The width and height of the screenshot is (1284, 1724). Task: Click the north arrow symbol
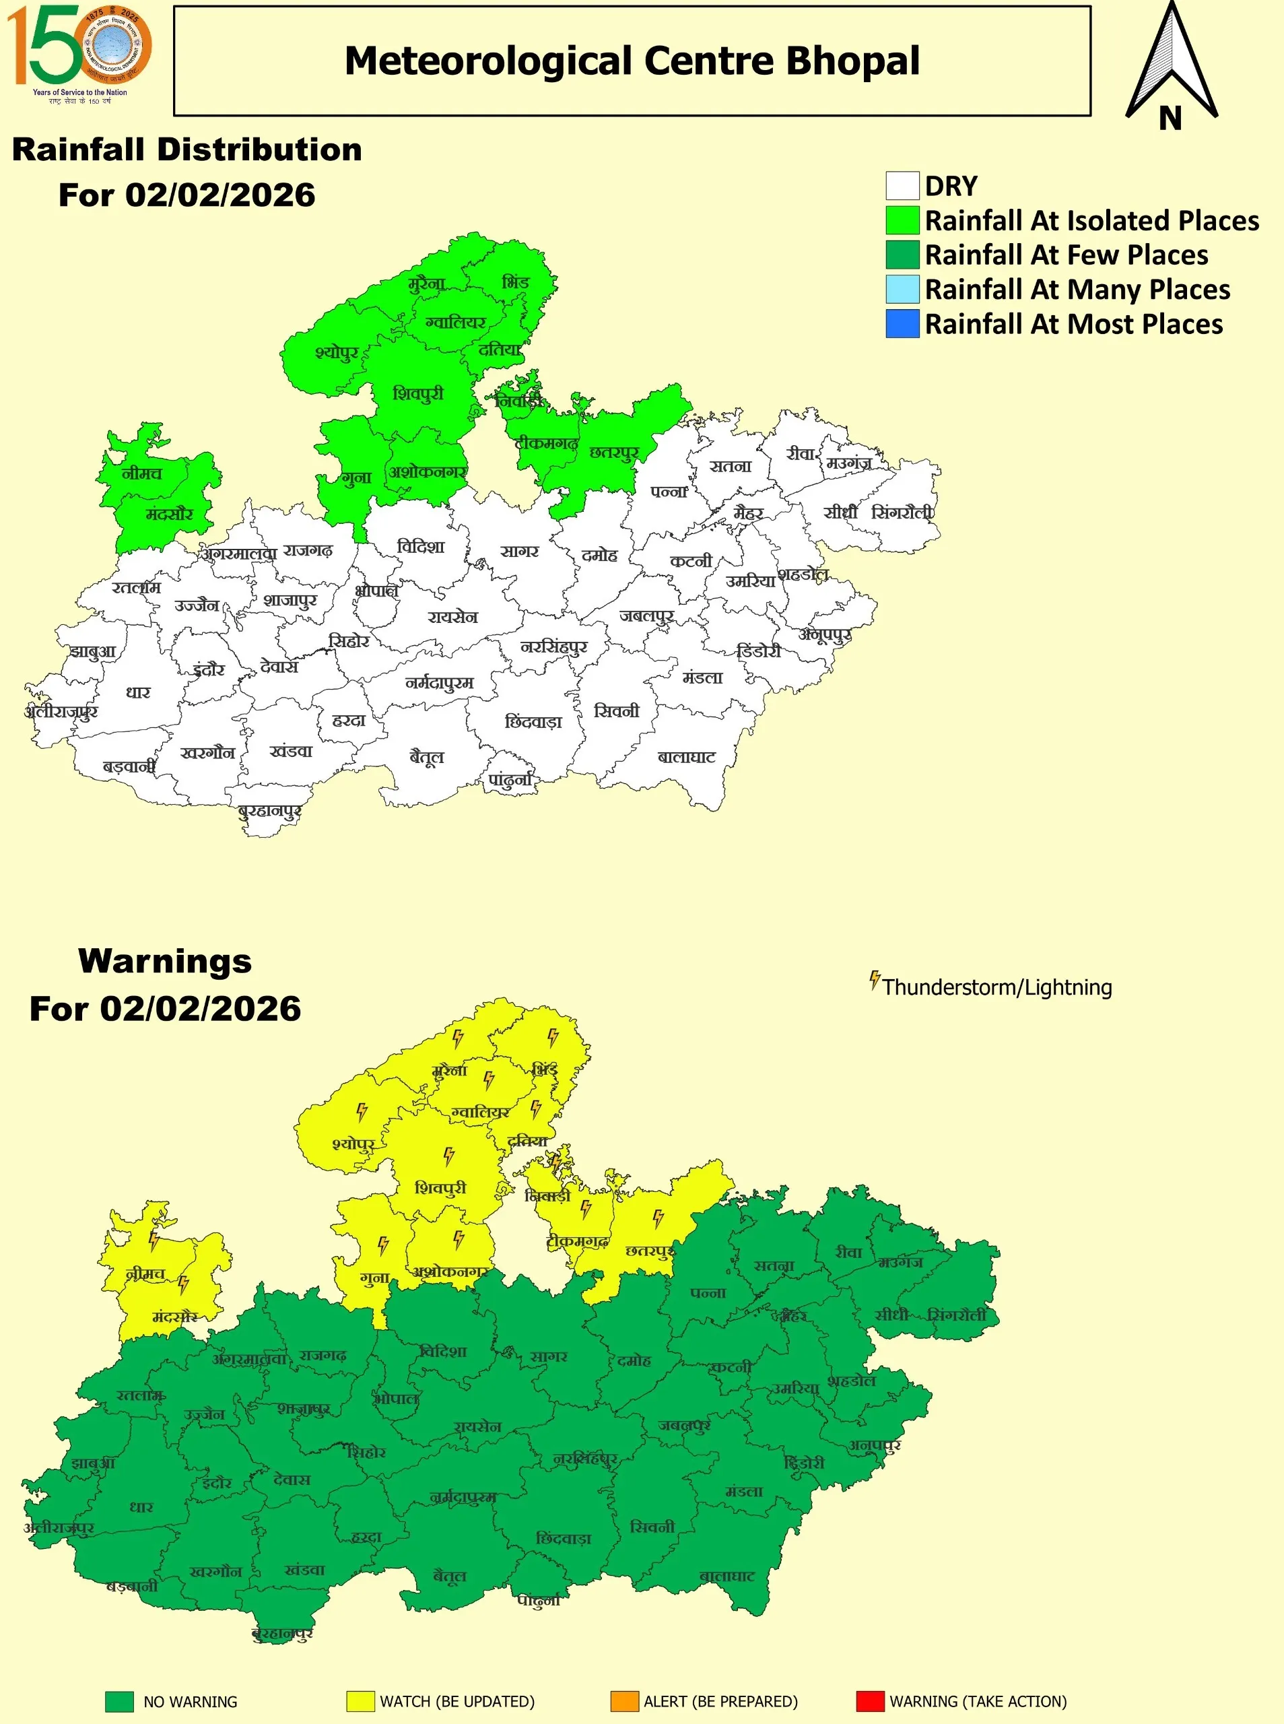[1172, 66]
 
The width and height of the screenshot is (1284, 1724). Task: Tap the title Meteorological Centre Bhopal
[632, 61]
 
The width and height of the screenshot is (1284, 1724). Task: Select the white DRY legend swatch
[902, 187]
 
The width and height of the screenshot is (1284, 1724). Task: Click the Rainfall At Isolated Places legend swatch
[902, 221]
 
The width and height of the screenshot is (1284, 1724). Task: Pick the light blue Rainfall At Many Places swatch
[902, 289]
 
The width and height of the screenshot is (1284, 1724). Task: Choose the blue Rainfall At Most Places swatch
[902, 323]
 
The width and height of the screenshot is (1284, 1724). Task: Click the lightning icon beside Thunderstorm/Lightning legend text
[875, 980]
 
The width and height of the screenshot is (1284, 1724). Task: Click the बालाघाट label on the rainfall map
[686, 757]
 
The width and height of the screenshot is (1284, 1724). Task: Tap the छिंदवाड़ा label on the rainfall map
[533, 722]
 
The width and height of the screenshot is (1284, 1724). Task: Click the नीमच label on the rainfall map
[141, 473]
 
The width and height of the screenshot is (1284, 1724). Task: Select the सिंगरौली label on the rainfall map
[901, 513]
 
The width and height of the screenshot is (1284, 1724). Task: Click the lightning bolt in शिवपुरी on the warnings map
[448, 1156]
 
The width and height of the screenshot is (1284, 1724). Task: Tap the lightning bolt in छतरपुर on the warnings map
[658, 1218]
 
